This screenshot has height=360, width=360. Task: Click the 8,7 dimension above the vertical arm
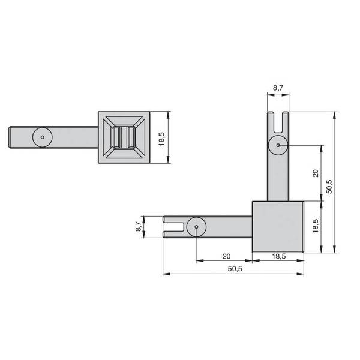[278, 88]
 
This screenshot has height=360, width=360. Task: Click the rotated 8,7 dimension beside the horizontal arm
[139, 226]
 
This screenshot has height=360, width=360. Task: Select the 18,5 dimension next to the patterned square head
[161, 139]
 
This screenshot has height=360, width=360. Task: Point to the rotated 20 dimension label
[316, 173]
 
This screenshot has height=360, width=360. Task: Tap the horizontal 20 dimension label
[226, 256]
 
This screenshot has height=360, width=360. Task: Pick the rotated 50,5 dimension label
[329, 187]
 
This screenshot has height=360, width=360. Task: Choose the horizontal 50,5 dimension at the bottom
[235, 269]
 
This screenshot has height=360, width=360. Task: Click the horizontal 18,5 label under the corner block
[279, 256]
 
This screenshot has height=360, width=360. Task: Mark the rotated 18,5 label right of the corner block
[316, 226]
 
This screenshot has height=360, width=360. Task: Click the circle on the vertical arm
[278, 145]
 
